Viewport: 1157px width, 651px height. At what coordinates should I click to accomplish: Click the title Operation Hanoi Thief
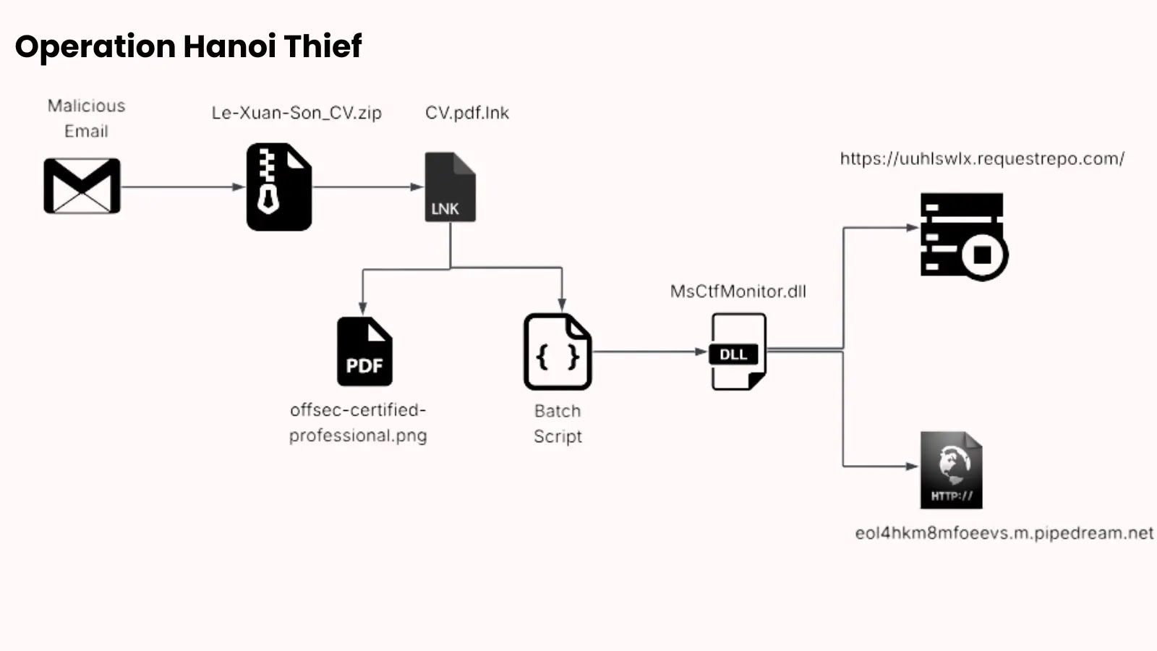[188, 46]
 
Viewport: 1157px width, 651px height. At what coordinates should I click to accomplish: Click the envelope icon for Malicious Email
[82, 186]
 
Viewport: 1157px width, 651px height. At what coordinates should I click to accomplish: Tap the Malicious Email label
[86, 118]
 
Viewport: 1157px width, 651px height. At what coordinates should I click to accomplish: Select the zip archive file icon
[278, 187]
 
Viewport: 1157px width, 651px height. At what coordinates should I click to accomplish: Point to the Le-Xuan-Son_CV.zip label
[296, 113]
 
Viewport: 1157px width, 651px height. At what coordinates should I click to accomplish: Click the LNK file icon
[450, 187]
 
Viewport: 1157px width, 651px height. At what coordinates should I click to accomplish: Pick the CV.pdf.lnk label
[467, 113]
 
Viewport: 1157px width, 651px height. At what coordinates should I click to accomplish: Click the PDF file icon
[364, 352]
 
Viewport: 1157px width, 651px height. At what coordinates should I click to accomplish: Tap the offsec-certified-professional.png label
[358, 422]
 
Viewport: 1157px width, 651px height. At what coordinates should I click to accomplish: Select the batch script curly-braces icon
[557, 352]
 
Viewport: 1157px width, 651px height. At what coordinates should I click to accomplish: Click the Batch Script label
[558, 423]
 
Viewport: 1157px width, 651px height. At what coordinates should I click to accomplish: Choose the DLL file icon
[738, 352]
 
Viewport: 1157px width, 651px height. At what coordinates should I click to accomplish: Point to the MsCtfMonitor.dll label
[738, 292]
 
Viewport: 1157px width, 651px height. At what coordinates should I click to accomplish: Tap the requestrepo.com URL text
[982, 159]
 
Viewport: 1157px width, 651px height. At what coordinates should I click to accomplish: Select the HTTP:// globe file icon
[951, 470]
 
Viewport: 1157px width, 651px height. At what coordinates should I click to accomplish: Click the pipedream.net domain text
[1004, 533]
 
